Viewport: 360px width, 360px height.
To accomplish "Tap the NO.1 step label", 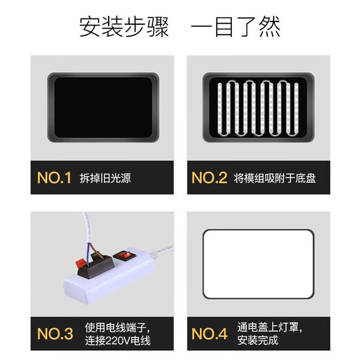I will pyautogui.click(x=54, y=179).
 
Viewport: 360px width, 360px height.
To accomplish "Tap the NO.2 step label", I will pyautogui.click(x=209, y=179).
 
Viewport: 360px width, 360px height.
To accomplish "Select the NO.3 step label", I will pyautogui.click(x=54, y=334).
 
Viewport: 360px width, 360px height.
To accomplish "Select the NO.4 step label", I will pyautogui.click(x=209, y=334).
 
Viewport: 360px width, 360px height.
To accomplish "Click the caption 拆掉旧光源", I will pyautogui.click(x=105, y=179).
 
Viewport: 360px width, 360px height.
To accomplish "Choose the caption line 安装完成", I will pyautogui.click(x=256, y=341).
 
